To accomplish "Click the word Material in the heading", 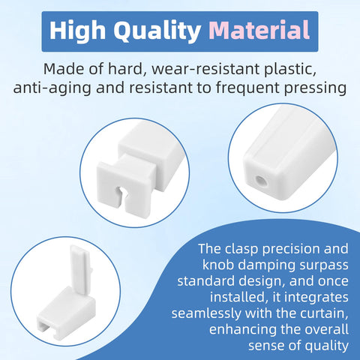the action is pos(259,30).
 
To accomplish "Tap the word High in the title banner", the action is pos(77,30).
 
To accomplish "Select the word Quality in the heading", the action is pos(157,31).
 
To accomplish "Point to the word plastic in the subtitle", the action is pos(290,69).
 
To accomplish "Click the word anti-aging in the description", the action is pos(52,88).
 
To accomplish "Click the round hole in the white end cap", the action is pos(261,181).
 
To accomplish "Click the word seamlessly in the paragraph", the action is pos(205,313).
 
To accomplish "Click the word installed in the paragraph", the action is pos(237,297).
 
